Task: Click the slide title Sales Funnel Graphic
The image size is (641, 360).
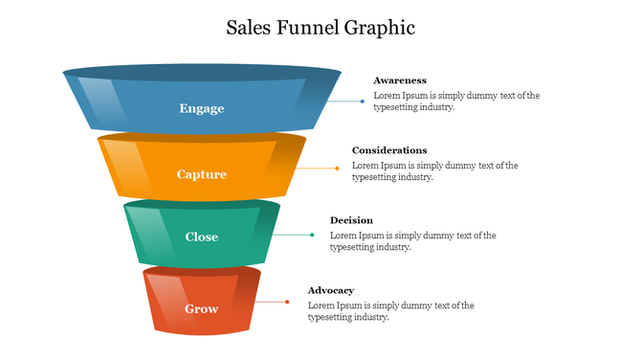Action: point(320,27)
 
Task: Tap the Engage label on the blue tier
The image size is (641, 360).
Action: point(202,108)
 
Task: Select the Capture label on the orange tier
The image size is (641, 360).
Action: point(202,174)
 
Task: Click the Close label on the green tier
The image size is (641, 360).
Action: point(202,236)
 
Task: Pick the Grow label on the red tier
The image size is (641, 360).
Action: point(202,308)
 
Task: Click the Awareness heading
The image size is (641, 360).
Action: point(400,80)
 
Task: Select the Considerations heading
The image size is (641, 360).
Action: point(389,150)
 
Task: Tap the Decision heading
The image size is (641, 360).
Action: point(351,220)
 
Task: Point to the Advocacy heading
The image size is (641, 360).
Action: point(331,290)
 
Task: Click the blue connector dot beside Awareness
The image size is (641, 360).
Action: point(363,101)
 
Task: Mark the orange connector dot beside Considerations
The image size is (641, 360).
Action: point(338,169)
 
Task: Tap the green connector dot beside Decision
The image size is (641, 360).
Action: point(312,235)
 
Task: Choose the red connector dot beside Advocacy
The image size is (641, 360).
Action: point(288,302)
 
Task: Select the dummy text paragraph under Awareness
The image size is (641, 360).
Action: point(456,101)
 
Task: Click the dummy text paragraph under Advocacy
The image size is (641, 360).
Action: point(390,311)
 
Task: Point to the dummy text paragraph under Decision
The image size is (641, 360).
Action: point(412,241)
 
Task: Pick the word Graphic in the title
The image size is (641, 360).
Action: point(382,27)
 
